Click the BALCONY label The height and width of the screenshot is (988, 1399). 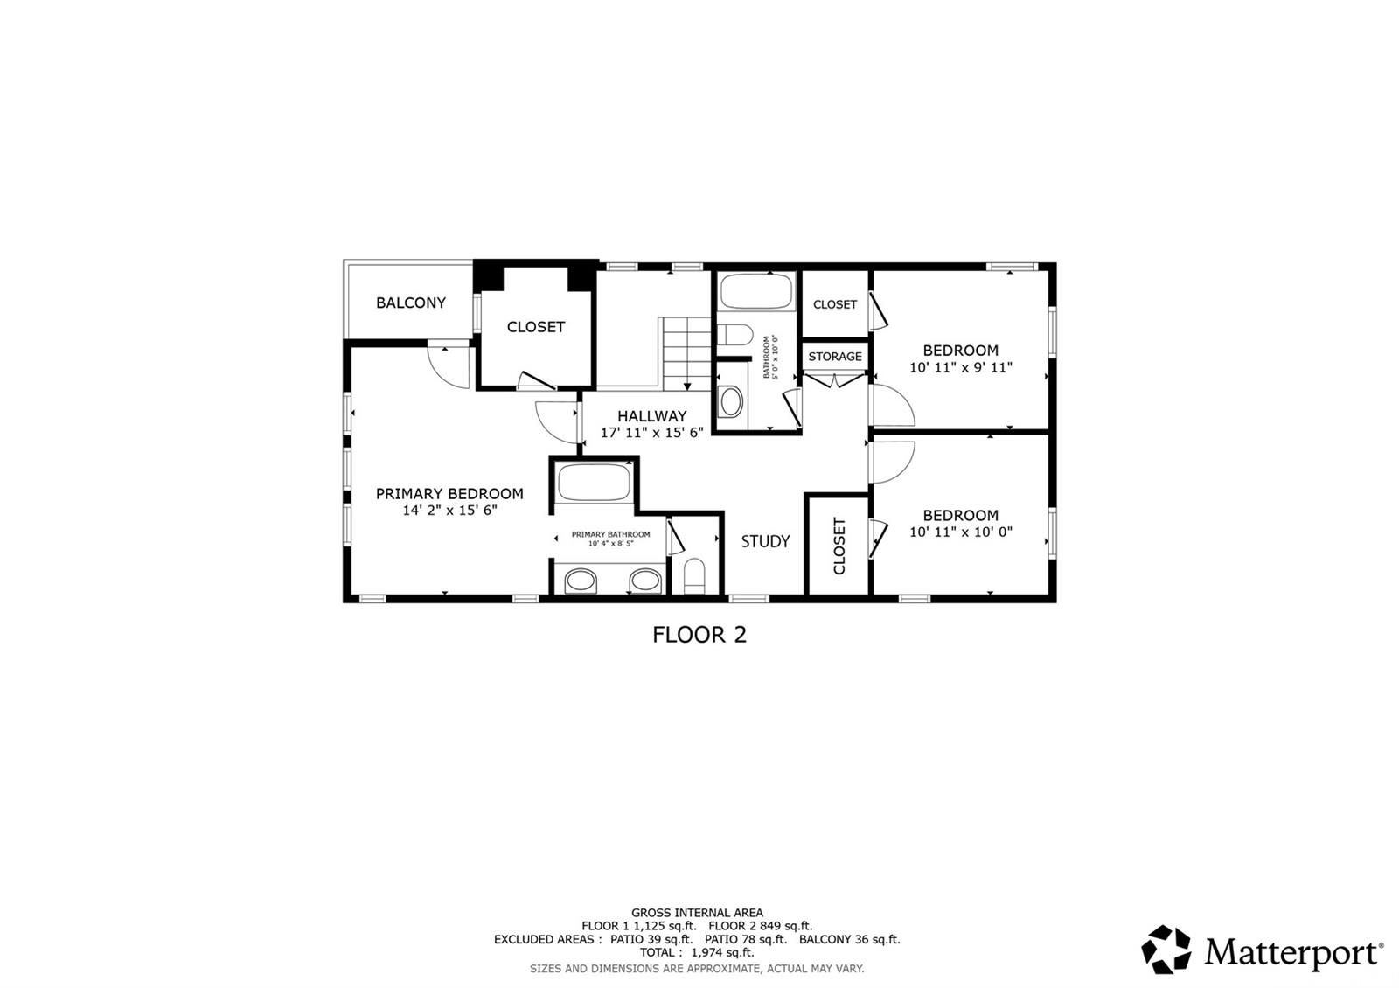(x=410, y=303)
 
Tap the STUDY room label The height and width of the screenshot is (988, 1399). (x=765, y=541)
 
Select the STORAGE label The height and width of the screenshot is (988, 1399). (x=835, y=357)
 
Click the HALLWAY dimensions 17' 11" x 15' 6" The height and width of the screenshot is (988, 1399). (x=652, y=432)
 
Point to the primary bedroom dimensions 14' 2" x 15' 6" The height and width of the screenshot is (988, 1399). (x=449, y=511)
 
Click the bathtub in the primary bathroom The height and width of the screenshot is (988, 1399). (x=594, y=482)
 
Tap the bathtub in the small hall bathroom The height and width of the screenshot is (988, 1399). (x=756, y=290)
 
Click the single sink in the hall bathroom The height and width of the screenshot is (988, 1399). (x=730, y=401)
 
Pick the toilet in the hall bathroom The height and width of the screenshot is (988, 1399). (x=735, y=335)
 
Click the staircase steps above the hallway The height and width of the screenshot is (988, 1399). (x=686, y=354)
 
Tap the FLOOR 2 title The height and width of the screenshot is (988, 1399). (x=699, y=635)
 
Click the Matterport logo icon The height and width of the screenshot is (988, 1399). (x=1166, y=950)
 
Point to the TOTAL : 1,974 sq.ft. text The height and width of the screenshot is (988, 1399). (x=697, y=952)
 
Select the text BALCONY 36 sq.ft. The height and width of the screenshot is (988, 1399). (x=849, y=939)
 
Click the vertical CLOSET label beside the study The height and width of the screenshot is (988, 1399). (x=839, y=546)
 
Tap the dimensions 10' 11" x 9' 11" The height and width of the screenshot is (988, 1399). (x=961, y=367)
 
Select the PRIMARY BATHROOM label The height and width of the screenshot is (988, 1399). (x=611, y=534)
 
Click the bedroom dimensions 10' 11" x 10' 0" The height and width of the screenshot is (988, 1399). (x=961, y=532)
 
